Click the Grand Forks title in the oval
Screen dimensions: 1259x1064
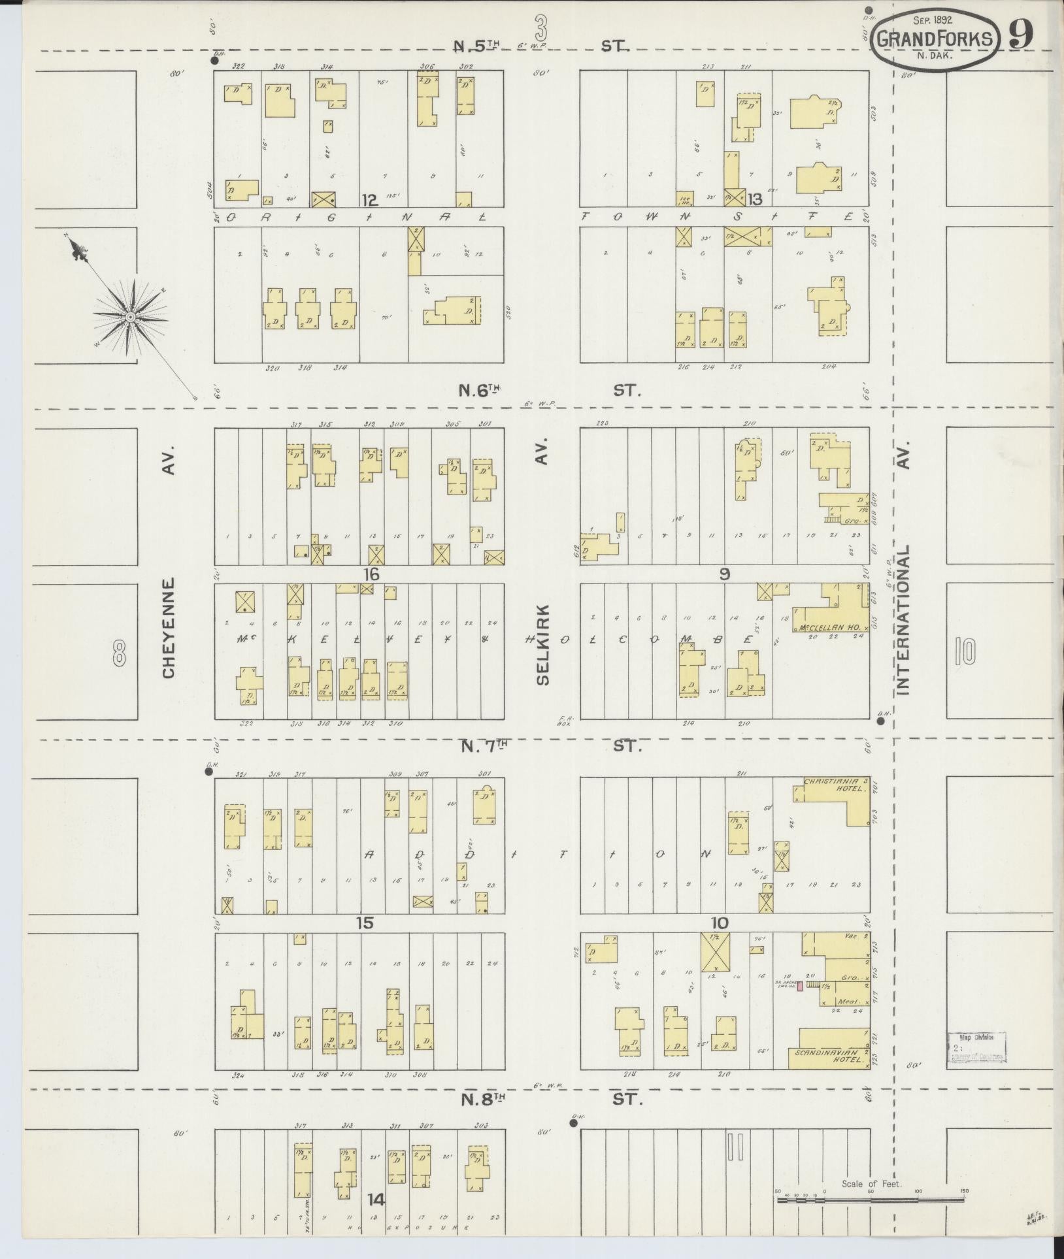[936, 39]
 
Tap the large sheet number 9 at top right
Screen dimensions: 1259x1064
[1020, 34]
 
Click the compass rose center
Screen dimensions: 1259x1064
[130, 316]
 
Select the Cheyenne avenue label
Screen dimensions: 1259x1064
[169, 627]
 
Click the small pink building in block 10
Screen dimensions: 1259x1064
[800, 985]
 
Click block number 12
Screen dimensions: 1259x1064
[370, 200]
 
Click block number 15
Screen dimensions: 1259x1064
[364, 923]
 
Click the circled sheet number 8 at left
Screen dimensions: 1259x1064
[119, 652]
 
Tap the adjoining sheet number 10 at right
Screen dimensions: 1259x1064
[964, 651]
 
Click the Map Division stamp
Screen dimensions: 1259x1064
[976, 1048]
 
